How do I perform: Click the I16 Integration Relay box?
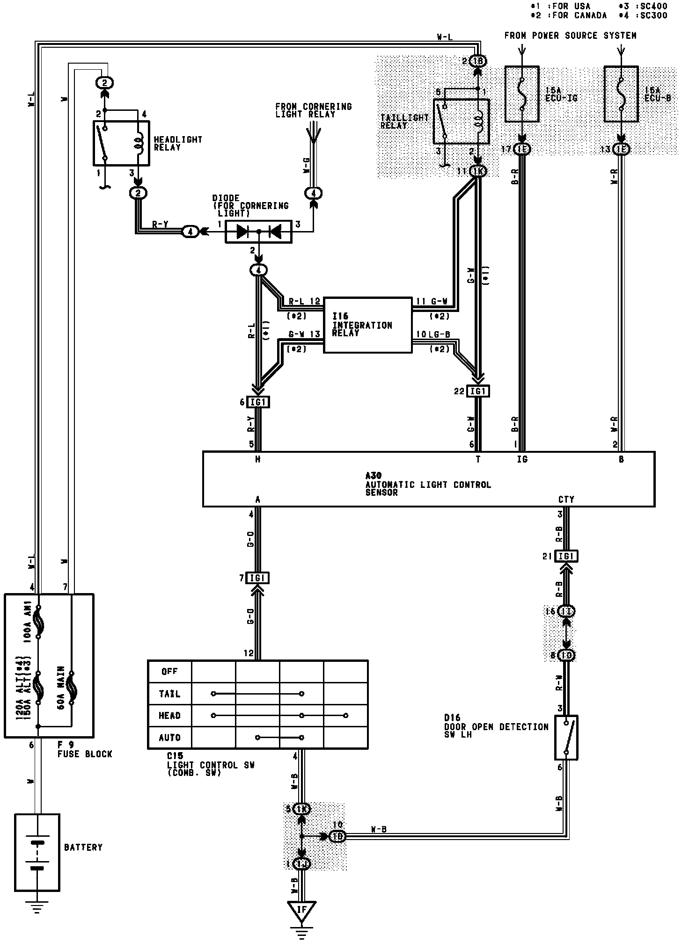(x=367, y=325)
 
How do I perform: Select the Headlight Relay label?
(x=178, y=143)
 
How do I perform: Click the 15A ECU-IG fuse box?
(x=522, y=94)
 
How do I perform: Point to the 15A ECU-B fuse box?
(x=621, y=94)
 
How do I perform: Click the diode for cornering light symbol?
(x=258, y=232)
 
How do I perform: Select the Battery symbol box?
(x=37, y=853)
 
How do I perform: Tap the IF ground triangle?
(x=301, y=910)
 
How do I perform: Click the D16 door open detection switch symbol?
(x=566, y=738)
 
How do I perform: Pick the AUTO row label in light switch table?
(x=169, y=738)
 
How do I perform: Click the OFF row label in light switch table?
(x=169, y=671)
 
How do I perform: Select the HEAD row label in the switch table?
(x=169, y=716)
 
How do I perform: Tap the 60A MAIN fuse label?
(x=61, y=688)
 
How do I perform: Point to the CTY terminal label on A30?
(x=566, y=500)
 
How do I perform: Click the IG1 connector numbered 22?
(x=478, y=391)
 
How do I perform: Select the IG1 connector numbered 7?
(x=257, y=578)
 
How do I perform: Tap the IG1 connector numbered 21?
(x=566, y=556)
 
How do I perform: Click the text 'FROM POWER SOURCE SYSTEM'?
(x=570, y=36)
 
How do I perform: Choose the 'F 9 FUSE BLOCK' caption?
(x=85, y=749)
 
